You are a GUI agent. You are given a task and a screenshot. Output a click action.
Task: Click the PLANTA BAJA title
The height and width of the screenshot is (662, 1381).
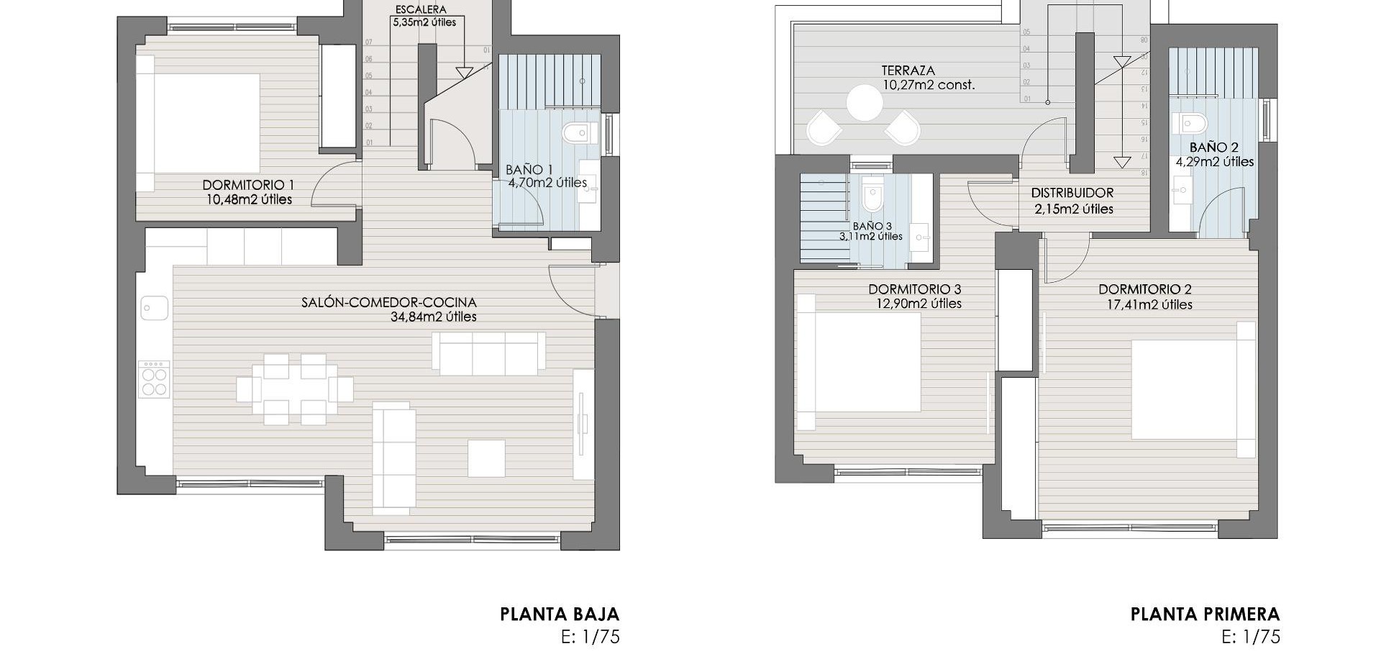click(559, 614)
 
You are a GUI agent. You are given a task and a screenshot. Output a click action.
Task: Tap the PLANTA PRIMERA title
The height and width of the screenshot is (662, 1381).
click(1205, 614)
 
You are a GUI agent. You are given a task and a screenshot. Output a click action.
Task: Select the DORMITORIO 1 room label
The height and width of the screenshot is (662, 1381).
click(248, 185)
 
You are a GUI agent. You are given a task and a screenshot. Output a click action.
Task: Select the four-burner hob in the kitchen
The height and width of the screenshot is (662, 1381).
click(154, 379)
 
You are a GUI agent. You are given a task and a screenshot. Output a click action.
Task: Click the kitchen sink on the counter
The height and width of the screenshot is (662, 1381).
click(155, 308)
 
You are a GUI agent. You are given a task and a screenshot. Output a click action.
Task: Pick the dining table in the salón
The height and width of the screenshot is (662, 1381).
click(294, 389)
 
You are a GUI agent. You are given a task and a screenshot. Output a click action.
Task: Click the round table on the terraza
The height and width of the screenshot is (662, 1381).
click(864, 103)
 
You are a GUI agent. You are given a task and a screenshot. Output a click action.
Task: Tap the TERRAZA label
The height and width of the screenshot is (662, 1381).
click(908, 71)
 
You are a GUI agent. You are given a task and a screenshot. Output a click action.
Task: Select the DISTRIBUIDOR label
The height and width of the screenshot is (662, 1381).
click(1072, 193)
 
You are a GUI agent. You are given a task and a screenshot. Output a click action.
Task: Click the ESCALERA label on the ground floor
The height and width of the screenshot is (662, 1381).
click(420, 10)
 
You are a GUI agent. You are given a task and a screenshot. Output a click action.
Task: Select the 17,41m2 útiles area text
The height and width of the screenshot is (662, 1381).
click(1149, 304)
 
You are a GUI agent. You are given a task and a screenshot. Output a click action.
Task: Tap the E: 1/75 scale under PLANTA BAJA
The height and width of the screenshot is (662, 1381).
click(590, 637)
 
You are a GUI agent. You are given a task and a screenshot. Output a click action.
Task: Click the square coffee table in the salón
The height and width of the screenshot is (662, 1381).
click(486, 458)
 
